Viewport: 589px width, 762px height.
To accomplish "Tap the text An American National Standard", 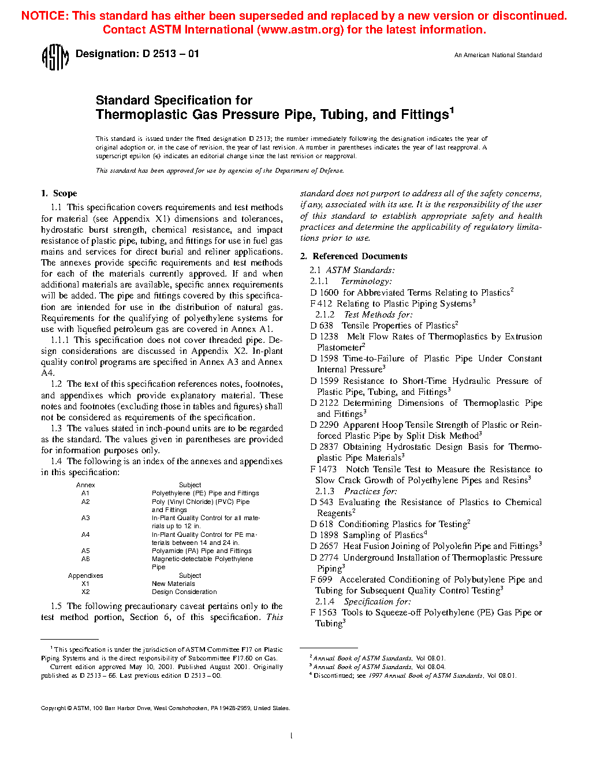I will [x=498, y=55].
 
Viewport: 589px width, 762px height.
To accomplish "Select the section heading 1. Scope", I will [x=59, y=193].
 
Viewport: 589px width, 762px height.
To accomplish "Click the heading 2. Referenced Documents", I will [x=354, y=256].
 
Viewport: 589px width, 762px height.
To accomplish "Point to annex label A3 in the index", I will [x=85, y=518].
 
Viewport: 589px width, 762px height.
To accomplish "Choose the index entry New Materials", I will [x=173, y=584].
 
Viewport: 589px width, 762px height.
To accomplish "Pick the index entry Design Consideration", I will [x=184, y=592].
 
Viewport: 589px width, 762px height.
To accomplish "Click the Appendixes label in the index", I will [x=85, y=576].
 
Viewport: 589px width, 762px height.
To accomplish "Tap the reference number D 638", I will [x=322, y=326].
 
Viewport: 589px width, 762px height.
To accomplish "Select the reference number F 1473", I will [x=323, y=469].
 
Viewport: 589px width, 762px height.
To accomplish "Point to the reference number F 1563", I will [x=323, y=612].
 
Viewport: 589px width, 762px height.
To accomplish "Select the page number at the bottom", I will [x=291, y=735].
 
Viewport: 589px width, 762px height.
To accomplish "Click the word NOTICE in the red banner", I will [x=44, y=16].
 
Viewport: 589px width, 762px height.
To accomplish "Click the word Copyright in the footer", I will [x=53, y=708].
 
